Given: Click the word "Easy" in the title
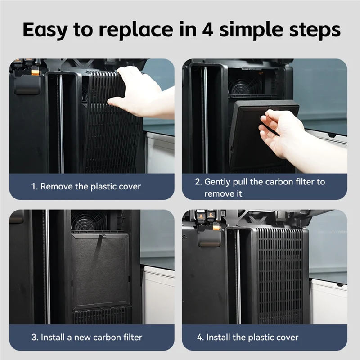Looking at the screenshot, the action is pyautogui.click(x=45, y=30).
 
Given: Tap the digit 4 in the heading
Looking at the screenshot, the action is pyautogui.click(x=207, y=29).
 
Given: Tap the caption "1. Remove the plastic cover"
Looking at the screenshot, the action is pyautogui.click(x=86, y=186).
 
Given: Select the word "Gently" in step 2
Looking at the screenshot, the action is pyautogui.click(x=217, y=182).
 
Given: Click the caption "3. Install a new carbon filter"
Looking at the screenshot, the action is pyautogui.click(x=87, y=337).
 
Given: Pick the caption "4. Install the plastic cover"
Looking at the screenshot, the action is pyautogui.click(x=247, y=337).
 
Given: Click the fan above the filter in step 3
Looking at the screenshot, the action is pyautogui.click(x=88, y=221).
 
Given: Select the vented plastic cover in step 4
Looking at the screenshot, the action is pyautogui.click(x=281, y=275).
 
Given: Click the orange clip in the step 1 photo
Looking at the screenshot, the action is pyautogui.click(x=36, y=72).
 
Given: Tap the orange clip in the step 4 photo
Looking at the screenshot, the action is pyautogui.click(x=216, y=227).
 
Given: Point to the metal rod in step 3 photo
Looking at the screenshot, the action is pyautogui.click(x=48, y=267).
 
